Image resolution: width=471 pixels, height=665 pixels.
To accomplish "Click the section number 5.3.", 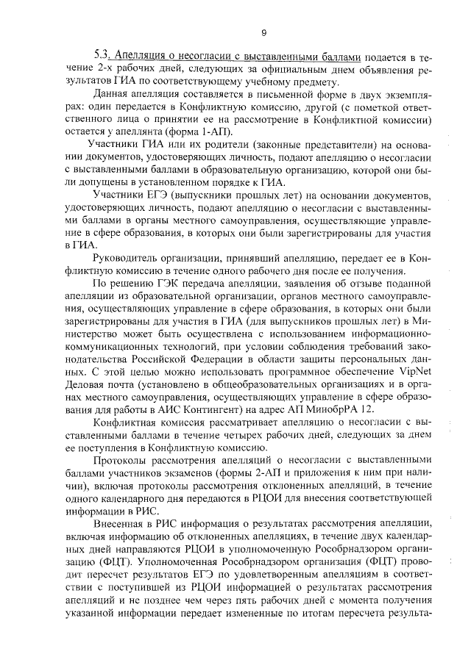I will coord(102,57).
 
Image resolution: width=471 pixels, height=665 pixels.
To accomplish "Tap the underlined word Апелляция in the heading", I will coord(141,57).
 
